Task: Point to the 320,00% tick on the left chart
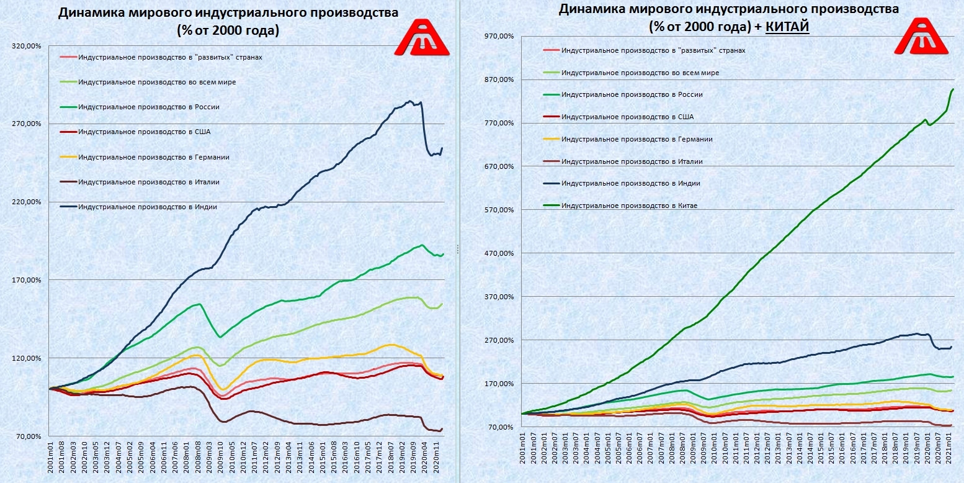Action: point(27,45)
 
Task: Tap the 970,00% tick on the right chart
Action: point(502,36)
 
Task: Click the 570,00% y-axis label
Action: point(502,210)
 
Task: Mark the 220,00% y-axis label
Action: point(27,202)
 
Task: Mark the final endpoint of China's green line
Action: point(953,89)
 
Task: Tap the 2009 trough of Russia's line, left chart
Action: point(220,338)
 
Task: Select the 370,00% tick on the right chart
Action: point(502,297)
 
